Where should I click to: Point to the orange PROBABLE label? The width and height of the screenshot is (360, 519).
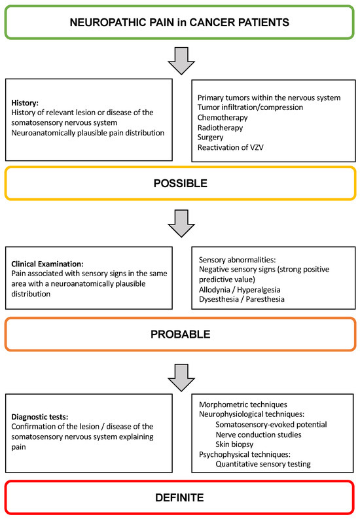tap(179, 334)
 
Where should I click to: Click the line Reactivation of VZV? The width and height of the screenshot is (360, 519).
tap(229, 148)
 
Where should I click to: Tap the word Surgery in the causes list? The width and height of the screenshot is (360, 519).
tap(211, 138)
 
